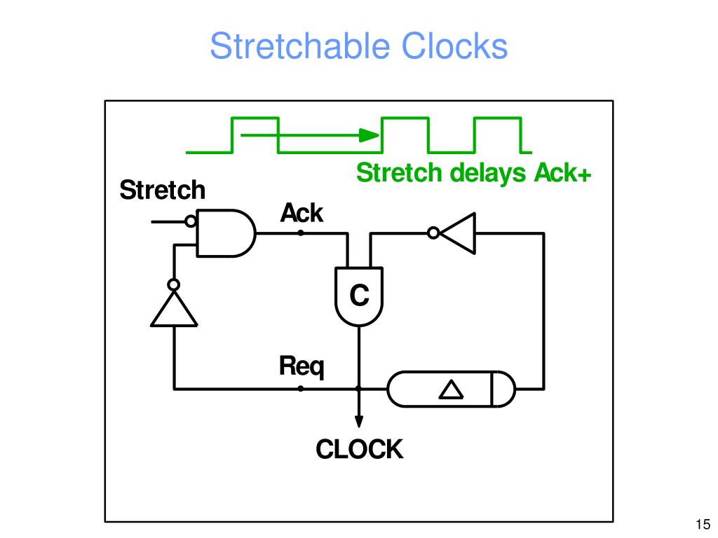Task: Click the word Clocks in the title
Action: click(454, 47)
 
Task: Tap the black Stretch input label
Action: click(162, 190)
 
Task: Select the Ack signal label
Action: click(302, 212)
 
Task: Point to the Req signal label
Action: click(302, 366)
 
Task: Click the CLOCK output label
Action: click(359, 449)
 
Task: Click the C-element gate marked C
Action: click(359, 296)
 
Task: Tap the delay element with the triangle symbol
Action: click(451, 388)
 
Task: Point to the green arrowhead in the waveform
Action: click(365, 134)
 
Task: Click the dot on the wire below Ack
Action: click(301, 233)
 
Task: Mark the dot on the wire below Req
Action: click(301, 388)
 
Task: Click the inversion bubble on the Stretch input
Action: click(190, 222)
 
